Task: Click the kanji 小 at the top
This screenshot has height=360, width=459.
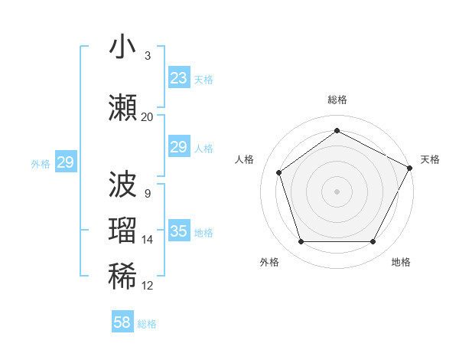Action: tap(122, 47)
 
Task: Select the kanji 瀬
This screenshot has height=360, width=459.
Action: tap(122, 108)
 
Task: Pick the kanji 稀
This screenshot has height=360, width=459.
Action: tap(122, 277)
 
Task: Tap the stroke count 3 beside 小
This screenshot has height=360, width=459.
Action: tap(147, 56)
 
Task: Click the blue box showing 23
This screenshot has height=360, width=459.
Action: tap(178, 78)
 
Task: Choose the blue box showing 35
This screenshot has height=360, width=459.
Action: tap(178, 231)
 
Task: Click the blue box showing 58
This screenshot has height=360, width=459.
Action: tap(122, 322)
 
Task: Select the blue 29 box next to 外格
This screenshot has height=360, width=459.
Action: tap(65, 162)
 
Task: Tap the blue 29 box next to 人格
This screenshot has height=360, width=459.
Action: tap(178, 148)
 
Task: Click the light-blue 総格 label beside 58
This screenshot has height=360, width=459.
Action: tap(147, 324)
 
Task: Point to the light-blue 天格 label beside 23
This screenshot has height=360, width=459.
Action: tap(203, 80)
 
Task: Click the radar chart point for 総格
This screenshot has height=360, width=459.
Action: tap(337, 131)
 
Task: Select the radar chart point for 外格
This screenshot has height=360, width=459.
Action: tap(301, 242)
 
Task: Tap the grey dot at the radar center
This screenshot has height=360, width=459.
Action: tap(337, 191)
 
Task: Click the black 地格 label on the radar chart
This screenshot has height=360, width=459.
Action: tap(401, 263)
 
